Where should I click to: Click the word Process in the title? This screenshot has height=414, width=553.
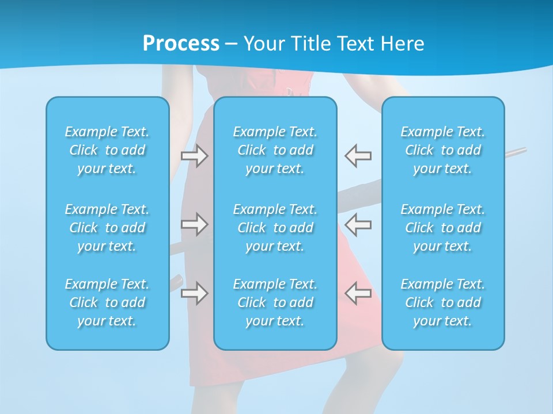click(x=181, y=44)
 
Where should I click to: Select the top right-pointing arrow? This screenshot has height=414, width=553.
click(x=195, y=156)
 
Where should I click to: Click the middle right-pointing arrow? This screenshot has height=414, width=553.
click(x=195, y=224)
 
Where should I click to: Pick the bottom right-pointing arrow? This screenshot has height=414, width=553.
click(x=195, y=293)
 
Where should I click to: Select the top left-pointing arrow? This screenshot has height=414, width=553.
click(x=358, y=156)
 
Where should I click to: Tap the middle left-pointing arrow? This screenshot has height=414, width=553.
click(x=358, y=224)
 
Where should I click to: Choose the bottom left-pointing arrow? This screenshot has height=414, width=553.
click(x=358, y=293)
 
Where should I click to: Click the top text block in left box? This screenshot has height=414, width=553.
click(x=107, y=150)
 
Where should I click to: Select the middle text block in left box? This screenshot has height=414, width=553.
click(x=107, y=228)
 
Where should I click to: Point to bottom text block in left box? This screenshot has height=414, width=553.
click(x=107, y=302)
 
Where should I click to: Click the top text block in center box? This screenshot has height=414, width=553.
click(x=275, y=150)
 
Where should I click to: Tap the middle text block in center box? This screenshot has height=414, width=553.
click(x=275, y=228)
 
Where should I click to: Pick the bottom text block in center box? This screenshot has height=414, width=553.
click(x=275, y=302)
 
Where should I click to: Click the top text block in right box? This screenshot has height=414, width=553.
click(x=443, y=150)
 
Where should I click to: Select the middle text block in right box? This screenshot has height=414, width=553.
click(x=443, y=228)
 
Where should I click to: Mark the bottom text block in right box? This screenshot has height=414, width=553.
click(x=443, y=302)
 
